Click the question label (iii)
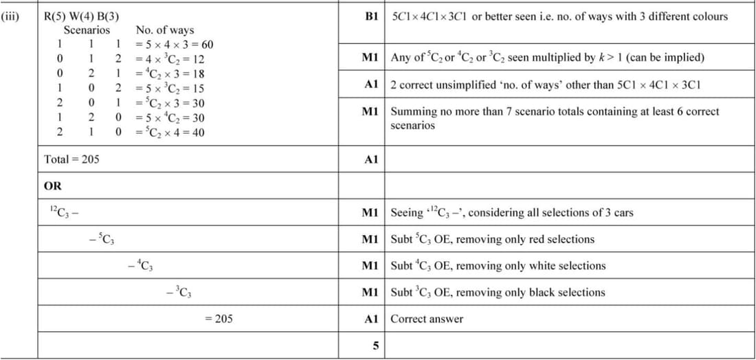click(x=11, y=15)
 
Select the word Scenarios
click(x=87, y=30)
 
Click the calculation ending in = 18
click(x=170, y=74)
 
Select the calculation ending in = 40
click(x=170, y=132)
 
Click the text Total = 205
click(x=71, y=159)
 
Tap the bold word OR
click(x=52, y=185)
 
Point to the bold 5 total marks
click(x=375, y=345)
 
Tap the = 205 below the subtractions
click(x=219, y=319)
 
